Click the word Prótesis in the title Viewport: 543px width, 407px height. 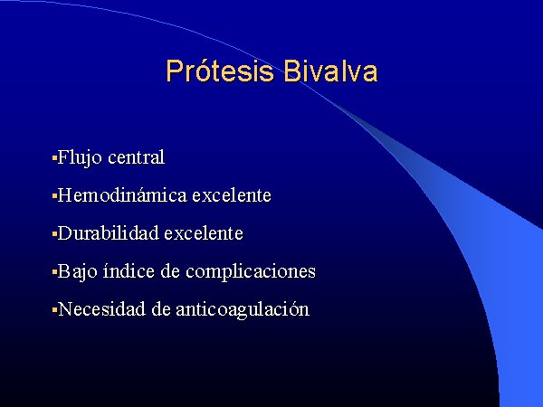coord(220,71)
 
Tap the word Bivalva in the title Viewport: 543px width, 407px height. coord(330,71)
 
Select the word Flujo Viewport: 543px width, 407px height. coord(80,158)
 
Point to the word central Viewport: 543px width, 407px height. coord(136,157)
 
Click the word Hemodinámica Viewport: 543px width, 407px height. coord(122,194)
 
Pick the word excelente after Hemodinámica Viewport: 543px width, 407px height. coord(232,195)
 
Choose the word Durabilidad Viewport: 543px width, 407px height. coord(108,233)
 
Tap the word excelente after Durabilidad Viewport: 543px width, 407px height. coord(204,233)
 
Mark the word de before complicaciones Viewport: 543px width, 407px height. coord(170,271)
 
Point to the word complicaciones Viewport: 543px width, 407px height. coord(251,272)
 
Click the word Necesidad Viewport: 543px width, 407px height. coord(101,309)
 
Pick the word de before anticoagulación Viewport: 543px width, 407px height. coord(161,309)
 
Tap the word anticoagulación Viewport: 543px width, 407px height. coord(243,309)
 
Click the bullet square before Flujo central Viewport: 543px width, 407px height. coord(54,159)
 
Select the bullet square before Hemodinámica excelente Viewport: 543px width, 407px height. coord(54,196)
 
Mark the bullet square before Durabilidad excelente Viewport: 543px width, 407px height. coord(54,234)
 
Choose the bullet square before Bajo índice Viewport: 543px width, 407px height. coord(54,273)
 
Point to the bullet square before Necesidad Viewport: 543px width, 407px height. coord(54,310)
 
